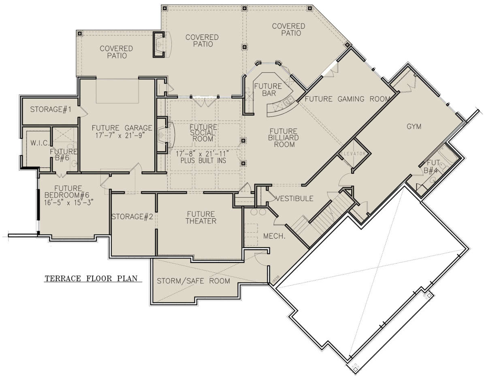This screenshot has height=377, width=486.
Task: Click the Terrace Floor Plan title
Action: coord(91,278)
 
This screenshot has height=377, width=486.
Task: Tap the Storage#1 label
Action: coord(51,109)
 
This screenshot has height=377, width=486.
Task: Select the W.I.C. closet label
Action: coord(40,143)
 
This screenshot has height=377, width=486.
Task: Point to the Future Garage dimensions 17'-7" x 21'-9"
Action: coord(120,135)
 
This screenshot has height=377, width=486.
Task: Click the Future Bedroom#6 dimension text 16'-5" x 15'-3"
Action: coord(68,202)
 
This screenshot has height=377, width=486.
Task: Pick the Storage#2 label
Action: coord(132,217)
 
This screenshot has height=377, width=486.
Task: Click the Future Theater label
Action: coord(201,218)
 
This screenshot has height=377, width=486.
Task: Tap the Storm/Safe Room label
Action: coord(194,281)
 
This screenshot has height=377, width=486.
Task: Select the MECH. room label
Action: coord(274,236)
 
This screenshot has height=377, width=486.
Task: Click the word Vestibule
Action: coord(294,198)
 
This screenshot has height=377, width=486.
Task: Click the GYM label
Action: coord(414,127)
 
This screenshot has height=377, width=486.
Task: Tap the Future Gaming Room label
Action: coord(347,99)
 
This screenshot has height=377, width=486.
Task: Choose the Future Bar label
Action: coord(268,90)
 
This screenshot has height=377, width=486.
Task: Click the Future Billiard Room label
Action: coord(283,138)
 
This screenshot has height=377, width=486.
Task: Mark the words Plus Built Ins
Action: coord(203,161)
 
